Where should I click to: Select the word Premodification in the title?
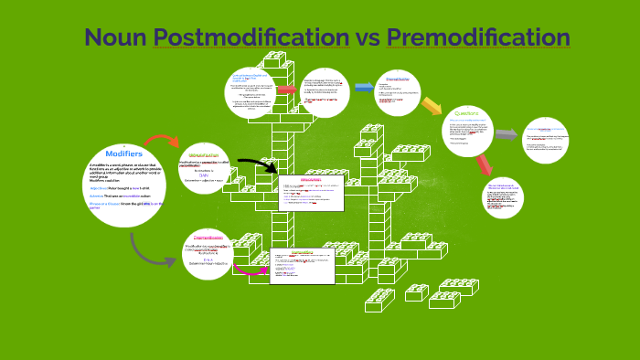pyautogui.click(x=478, y=37)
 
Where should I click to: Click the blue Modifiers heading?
pyautogui.click(x=123, y=153)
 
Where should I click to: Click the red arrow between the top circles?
pyautogui.click(x=286, y=90)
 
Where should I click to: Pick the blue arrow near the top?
pyautogui.click(x=364, y=88)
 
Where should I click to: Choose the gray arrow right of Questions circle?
pyautogui.click(x=507, y=134)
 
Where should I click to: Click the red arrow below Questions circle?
pyautogui.click(x=484, y=165)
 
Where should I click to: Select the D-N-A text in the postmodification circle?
pyautogui.click(x=208, y=259)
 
